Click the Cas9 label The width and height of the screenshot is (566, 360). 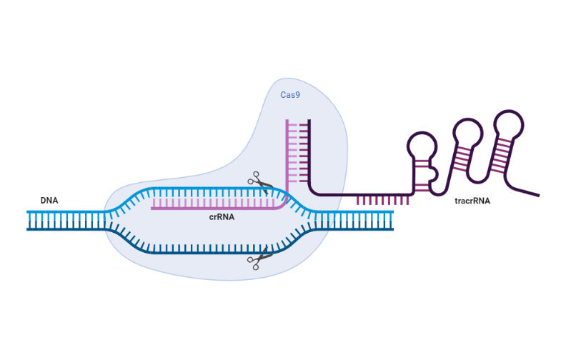point(290,94)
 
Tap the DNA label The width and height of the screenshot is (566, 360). point(49,200)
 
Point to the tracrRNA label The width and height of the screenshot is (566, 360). point(472,201)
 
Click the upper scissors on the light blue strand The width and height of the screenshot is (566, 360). point(260,184)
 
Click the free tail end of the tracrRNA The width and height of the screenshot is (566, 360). point(537,195)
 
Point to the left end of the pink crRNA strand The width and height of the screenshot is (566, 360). point(152,209)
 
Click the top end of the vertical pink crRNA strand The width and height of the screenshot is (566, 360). point(288,121)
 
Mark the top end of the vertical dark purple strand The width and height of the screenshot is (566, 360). point(309,121)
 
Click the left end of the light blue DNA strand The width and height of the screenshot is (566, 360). point(28,212)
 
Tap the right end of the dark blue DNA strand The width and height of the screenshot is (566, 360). point(392,229)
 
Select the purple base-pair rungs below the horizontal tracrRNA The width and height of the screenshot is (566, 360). point(382,200)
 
